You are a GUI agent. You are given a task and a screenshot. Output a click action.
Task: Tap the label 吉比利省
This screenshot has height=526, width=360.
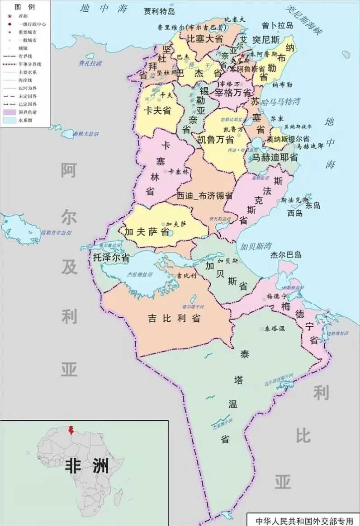point(174,318)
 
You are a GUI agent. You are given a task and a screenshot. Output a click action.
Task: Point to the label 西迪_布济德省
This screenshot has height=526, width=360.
point(204,196)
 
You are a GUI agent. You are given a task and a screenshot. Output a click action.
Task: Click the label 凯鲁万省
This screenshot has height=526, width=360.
point(215,139)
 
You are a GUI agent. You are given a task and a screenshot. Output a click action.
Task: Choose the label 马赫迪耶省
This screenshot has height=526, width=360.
point(275,157)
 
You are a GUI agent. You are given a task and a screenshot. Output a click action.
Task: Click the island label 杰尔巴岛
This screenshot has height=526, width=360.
point(286,255)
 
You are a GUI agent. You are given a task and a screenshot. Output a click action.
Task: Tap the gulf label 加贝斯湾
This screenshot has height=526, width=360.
point(256,246)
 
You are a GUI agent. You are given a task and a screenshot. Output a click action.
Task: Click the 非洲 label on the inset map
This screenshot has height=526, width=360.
point(87,465)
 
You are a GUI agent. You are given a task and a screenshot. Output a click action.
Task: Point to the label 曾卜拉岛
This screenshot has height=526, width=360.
point(277,26)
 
